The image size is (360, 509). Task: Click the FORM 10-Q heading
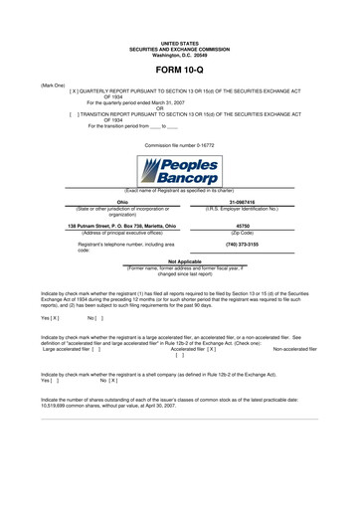179,72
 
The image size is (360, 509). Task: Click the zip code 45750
242,225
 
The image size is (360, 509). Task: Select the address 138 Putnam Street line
123,225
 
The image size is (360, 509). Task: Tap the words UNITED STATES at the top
179,44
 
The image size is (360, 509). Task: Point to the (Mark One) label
53,85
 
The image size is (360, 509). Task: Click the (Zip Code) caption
242,232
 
